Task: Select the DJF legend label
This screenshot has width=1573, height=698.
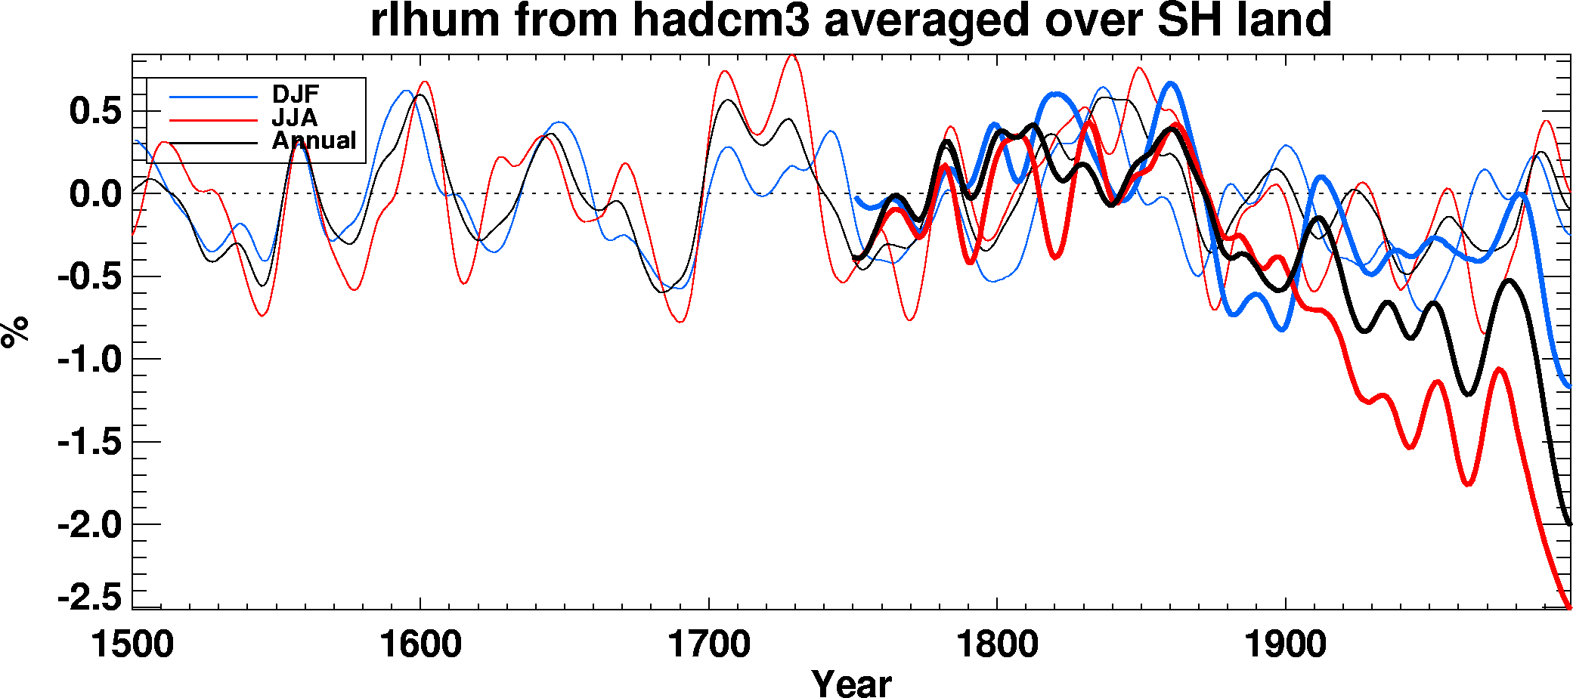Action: pos(296,94)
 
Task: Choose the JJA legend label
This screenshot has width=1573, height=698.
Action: pos(295,118)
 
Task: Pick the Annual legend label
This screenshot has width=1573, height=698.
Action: pos(314,141)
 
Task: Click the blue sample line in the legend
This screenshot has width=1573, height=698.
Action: pos(213,97)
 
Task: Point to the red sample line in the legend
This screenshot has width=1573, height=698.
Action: pos(213,119)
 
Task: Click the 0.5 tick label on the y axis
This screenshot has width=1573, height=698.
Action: pos(95,112)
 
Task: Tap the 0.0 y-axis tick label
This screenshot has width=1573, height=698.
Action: pos(95,194)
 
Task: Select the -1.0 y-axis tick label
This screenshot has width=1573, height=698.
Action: pos(89,360)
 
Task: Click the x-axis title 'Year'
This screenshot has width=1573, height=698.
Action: pos(852,683)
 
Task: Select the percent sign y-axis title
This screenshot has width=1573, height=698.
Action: pos(15,332)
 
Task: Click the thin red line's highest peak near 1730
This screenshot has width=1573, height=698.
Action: pos(791,55)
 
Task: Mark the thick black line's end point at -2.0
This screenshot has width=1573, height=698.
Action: pos(1569,523)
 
